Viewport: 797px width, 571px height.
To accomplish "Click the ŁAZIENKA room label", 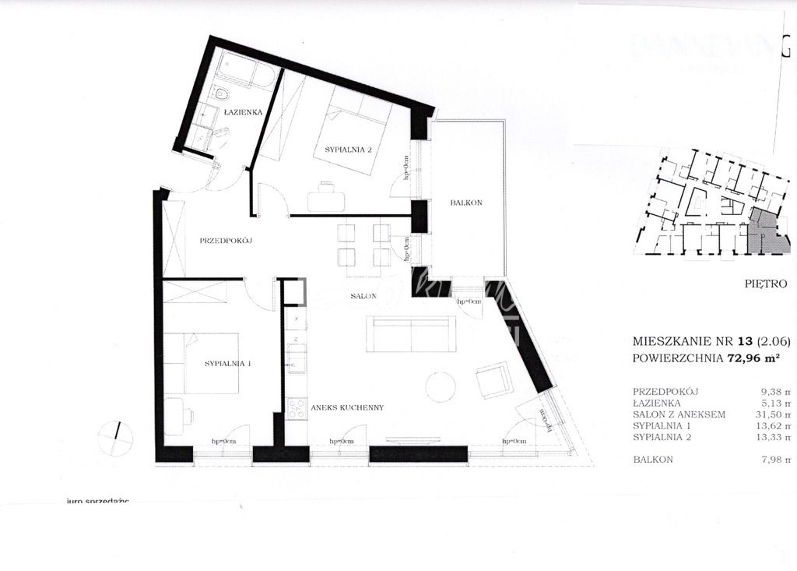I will click(x=242, y=112).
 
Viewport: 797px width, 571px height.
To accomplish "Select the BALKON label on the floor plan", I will click(x=466, y=203).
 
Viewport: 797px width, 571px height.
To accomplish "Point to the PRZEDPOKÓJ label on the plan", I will click(x=228, y=241).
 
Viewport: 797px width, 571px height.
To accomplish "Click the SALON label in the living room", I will click(x=363, y=297).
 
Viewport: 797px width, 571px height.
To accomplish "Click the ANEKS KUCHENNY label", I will click(x=347, y=407).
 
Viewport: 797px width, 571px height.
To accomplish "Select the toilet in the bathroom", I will click(x=223, y=95).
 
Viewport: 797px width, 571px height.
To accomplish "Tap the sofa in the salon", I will click(x=412, y=334).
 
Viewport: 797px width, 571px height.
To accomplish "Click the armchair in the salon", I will click(x=494, y=380).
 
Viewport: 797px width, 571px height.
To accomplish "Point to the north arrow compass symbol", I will click(x=116, y=437).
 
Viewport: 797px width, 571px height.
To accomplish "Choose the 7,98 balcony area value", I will click(x=767, y=460).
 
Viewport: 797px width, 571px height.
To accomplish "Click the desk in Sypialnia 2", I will click(x=326, y=200).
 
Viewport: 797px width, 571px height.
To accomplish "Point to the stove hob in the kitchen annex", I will click(x=297, y=409).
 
